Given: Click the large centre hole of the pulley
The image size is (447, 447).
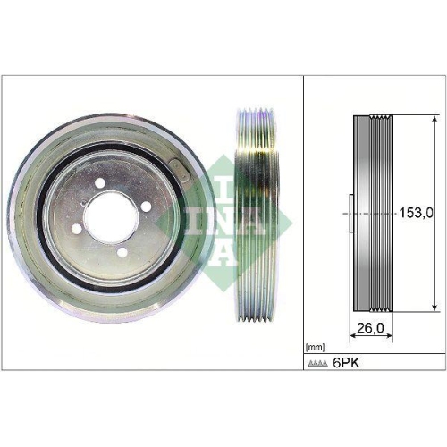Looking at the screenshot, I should point(105,215).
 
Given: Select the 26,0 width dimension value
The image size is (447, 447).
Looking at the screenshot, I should point(369,328).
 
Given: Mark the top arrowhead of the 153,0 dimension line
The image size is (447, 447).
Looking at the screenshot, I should point(435,119).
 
